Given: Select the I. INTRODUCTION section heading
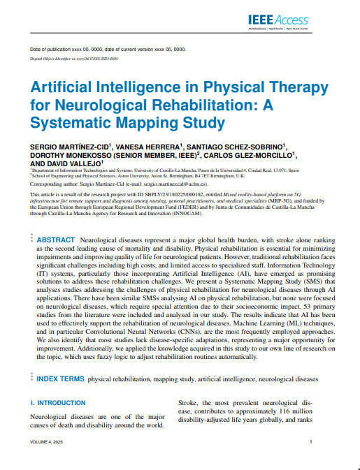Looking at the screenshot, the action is pyautogui.click(x=59, y=404).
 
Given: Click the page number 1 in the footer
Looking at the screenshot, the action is pyautogui.click(x=310, y=443).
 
